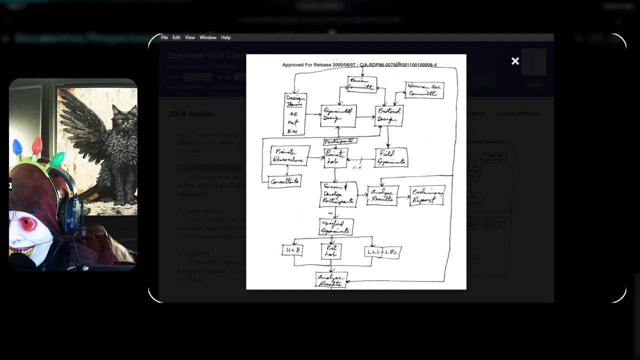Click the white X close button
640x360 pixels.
(x=515, y=61)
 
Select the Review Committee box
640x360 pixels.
(x=361, y=84)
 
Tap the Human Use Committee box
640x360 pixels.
(x=424, y=90)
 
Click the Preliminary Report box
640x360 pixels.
(x=427, y=195)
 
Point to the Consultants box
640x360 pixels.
(x=284, y=181)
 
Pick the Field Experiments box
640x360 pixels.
(x=391, y=157)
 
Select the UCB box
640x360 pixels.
(x=292, y=249)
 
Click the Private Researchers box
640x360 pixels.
(x=290, y=155)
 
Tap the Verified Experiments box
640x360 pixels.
(x=336, y=227)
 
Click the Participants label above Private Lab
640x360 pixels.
(x=340, y=141)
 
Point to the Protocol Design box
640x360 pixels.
(x=388, y=115)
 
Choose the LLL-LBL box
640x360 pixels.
(x=382, y=252)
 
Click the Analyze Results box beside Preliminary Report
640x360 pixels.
(x=382, y=195)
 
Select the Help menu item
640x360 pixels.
(x=226, y=37)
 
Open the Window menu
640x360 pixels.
(x=208, y=37)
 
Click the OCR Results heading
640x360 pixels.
(x=191, y=114)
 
